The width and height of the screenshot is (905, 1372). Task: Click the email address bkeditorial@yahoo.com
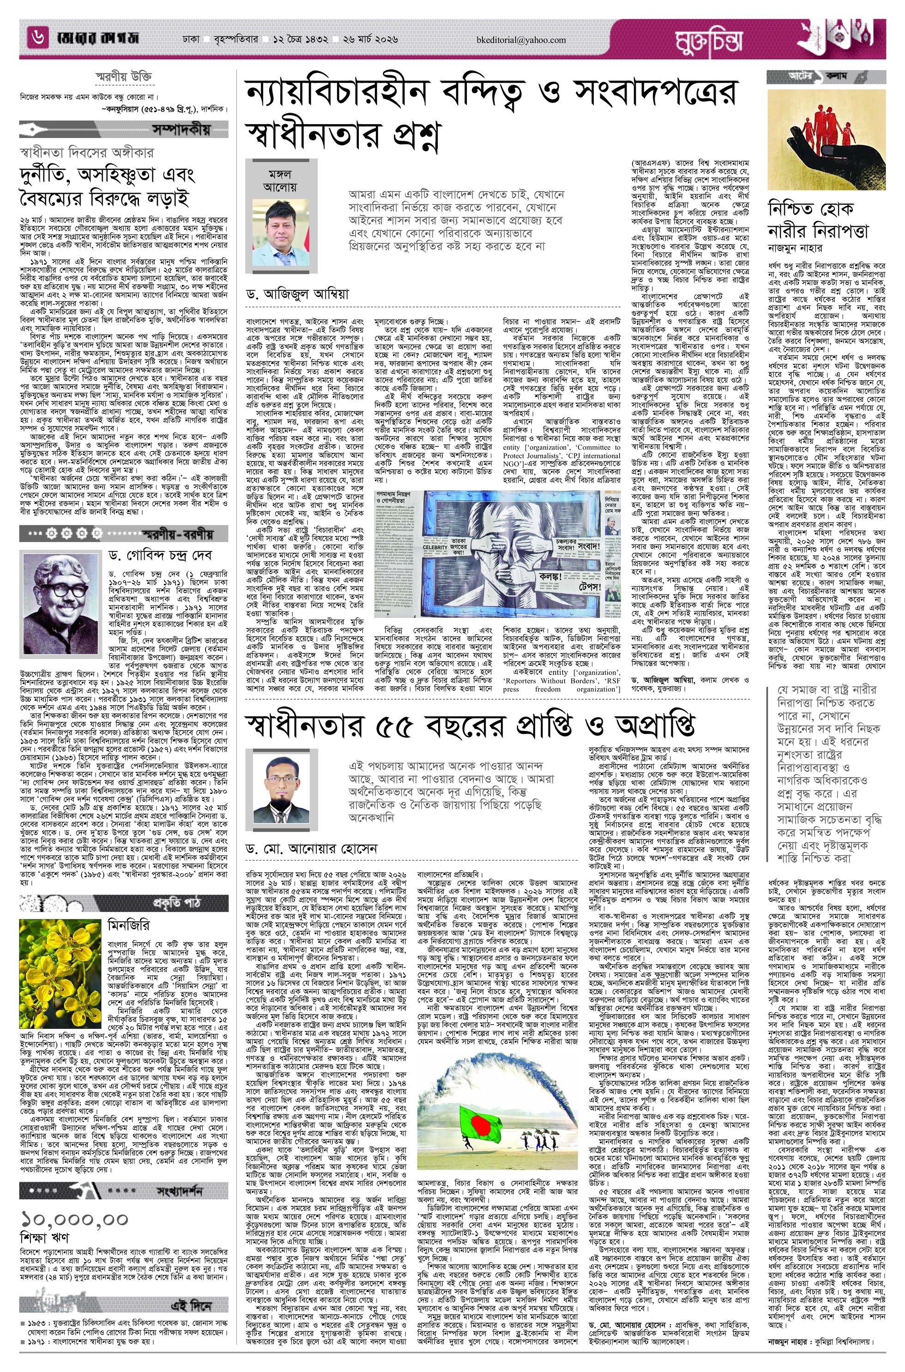point(526,40)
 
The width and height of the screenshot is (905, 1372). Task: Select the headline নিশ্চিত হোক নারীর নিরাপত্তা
point(818,220)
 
